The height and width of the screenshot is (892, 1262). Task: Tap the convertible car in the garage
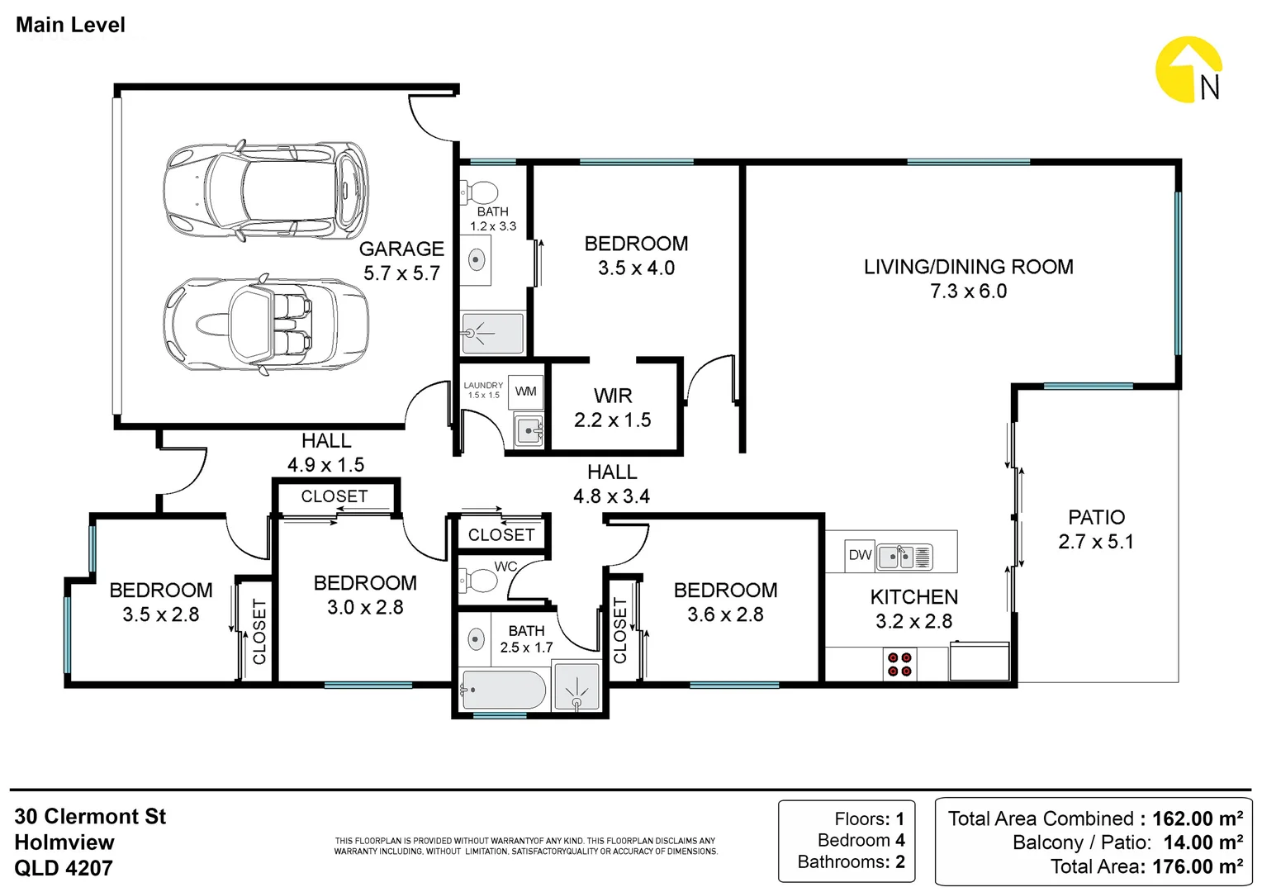click(x=266, y=325)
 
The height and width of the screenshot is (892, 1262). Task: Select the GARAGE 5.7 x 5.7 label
click(x=401, y=261)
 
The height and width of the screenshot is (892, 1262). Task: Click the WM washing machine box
click(x=525, y=391)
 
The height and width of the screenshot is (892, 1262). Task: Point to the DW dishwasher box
click(x=860, y=556)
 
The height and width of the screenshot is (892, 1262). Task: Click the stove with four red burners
click(x=899, y=664)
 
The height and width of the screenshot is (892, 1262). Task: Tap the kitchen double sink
click(x=905, y=557)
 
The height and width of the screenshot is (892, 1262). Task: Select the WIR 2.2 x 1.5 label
click(x=612, y=408)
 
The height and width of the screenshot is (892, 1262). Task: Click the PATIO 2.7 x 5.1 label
click(x=1096, y=529)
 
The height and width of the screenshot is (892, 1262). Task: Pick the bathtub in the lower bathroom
click(x=502, y=690)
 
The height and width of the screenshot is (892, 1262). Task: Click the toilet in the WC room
click(x=477, y=581)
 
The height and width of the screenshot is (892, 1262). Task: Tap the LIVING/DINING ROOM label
click(x=969, y=267)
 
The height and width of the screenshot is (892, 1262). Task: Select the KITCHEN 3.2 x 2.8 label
click(x=913, y=610)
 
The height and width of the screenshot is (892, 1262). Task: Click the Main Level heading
click(x=70, y=25)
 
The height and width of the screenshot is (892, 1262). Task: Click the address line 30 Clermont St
click(x=90, y=817)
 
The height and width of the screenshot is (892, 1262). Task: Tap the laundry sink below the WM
click(x=529, y=430)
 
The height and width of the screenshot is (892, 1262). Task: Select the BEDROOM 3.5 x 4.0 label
click(x=636, y=256)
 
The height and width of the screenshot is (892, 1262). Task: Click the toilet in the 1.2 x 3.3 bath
click(x=479, y=192)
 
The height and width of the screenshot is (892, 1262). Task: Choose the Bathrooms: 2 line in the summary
click(x=851, y=861)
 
